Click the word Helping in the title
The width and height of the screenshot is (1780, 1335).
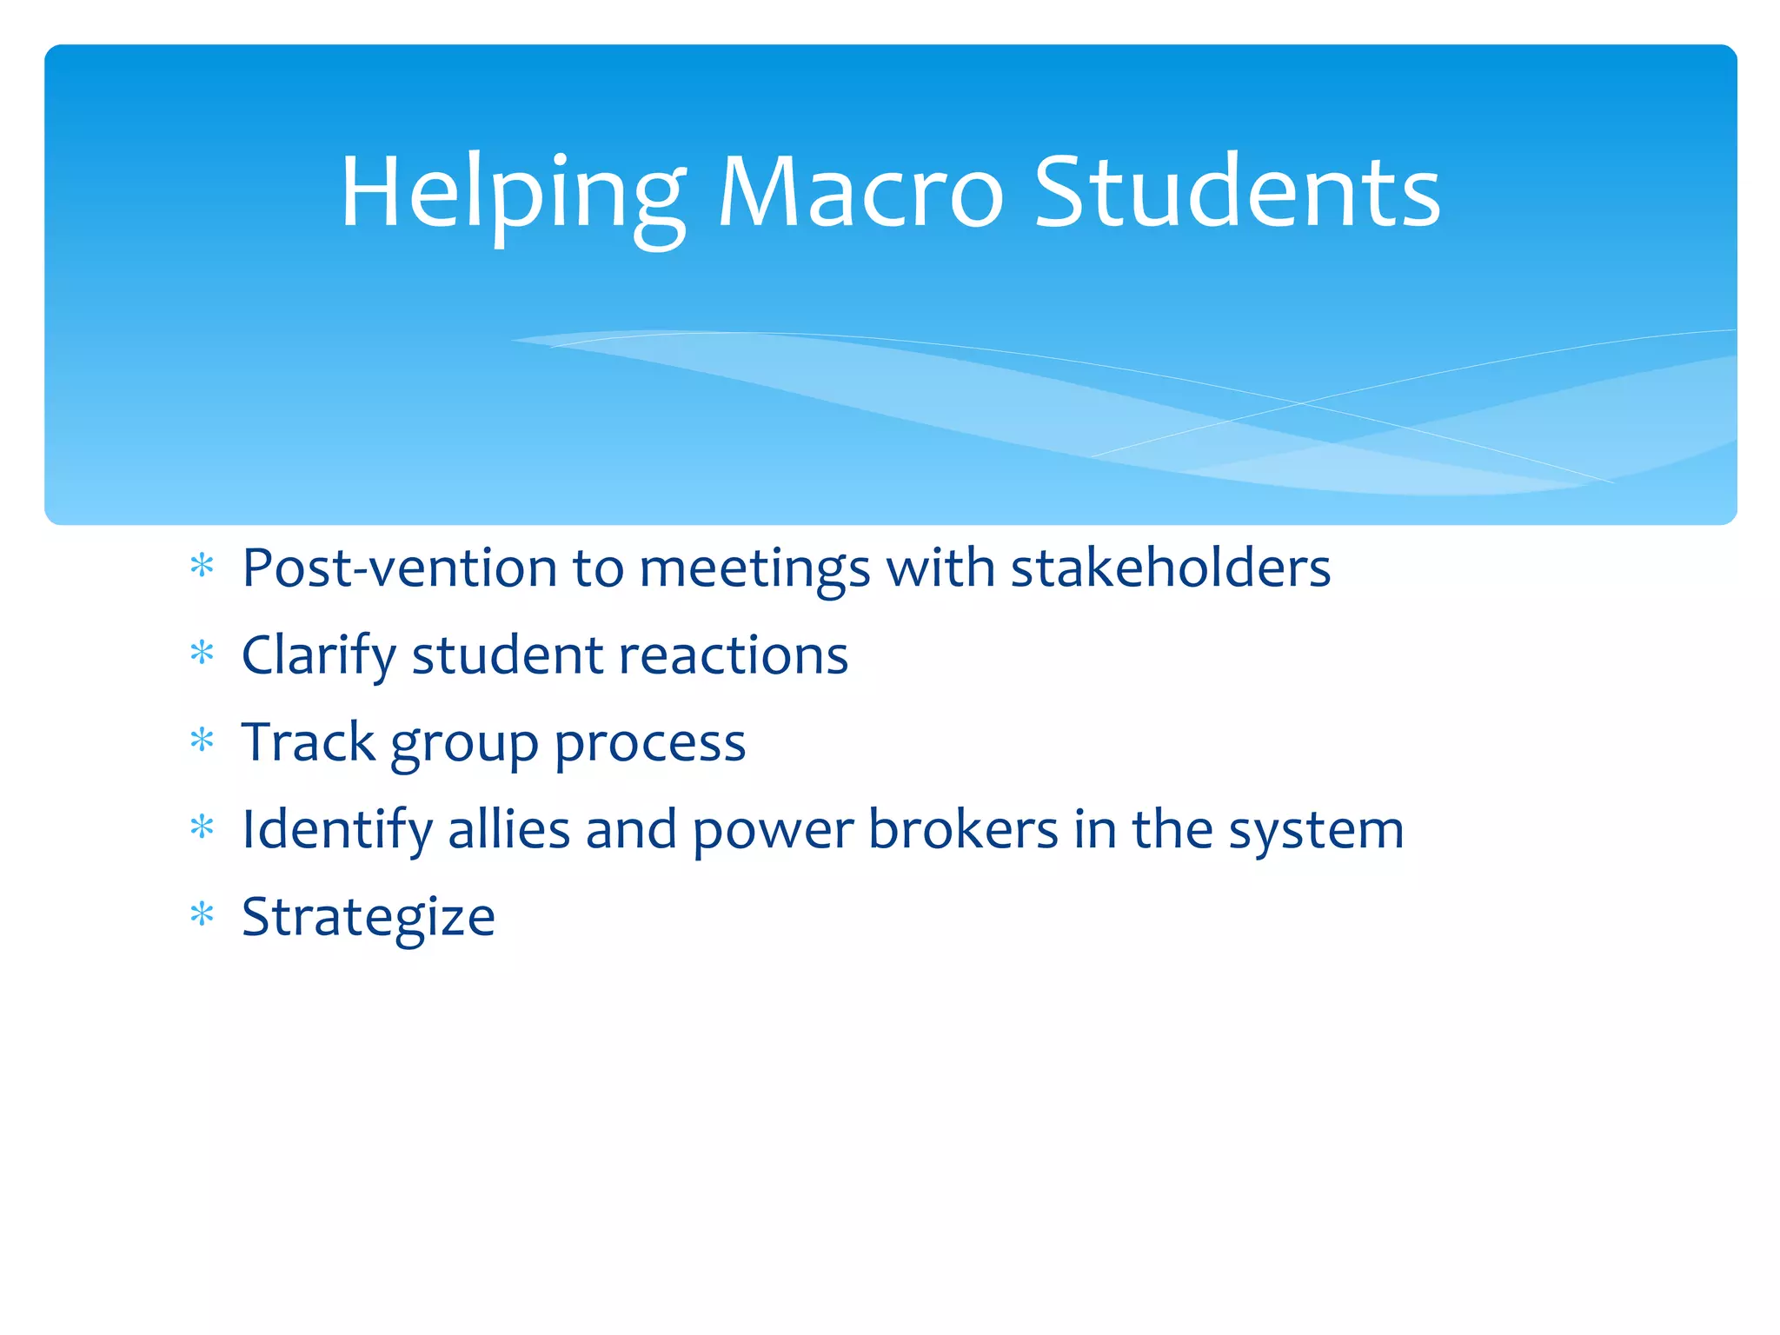pos(512,193)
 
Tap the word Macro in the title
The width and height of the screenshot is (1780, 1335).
pos(860,193)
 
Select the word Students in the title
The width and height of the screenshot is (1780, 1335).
pos(1237,193)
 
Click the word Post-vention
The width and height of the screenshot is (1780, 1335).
pos(399,568)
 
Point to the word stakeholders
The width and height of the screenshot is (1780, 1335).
pos(1170,568)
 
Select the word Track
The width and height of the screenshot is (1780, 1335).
pos(308,742)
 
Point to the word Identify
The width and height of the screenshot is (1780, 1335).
pos(336,830)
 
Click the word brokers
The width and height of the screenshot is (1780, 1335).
pos(963,829)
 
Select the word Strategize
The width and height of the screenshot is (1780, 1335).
pos(369,918)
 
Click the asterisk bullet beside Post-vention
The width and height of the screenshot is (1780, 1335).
pos(202,567)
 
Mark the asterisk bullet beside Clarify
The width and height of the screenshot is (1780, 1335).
pos(202,653)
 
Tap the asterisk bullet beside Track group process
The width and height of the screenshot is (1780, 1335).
pos(202,741)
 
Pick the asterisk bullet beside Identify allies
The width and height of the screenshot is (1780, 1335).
pos(202,827)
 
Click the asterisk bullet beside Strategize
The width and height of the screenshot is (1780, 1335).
pos(202,915)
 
